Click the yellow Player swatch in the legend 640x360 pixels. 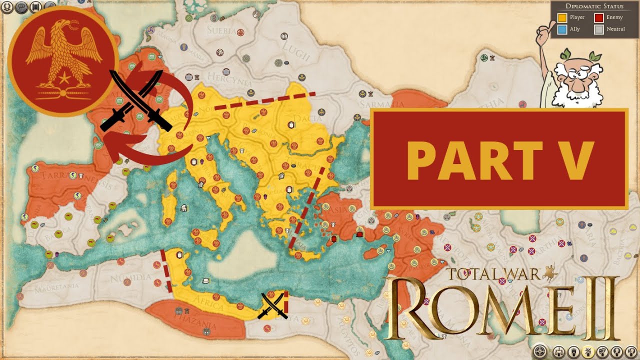click(x=562, y=18)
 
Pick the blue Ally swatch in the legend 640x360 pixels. click(x=562, y=29)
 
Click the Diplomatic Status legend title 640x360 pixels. click(x=594, y=6)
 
